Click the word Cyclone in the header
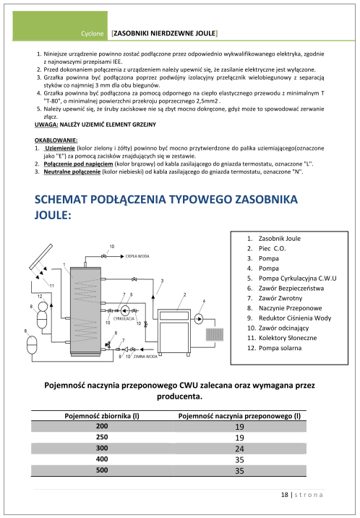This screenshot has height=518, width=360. [94, 34]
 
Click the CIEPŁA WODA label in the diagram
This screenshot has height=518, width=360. [137, 256]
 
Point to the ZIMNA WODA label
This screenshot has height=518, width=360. [145, 356]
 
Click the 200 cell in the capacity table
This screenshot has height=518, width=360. [101, 427]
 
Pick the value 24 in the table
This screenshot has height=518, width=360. [239, 448]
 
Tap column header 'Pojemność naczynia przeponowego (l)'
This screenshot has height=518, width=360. [239, 416]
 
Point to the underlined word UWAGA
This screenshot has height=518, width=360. [46, 124]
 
